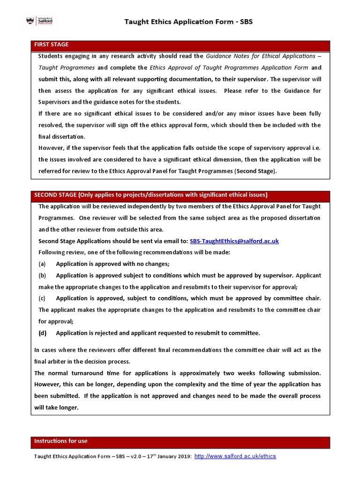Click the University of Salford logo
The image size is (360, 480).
click(x=41, y=22)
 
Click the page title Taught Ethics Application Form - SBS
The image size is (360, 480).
click(x=188, y=22)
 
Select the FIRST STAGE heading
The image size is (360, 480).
click(x=51, y=45)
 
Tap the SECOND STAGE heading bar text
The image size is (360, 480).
click(x=150, y=195)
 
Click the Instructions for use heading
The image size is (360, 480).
click(x=60, y=442)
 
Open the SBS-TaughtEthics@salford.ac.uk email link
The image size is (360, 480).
click(x=234, y=241)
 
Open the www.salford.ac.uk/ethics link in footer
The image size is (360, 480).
click(x=235, y=457)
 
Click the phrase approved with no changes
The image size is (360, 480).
click(x=134, y=264)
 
